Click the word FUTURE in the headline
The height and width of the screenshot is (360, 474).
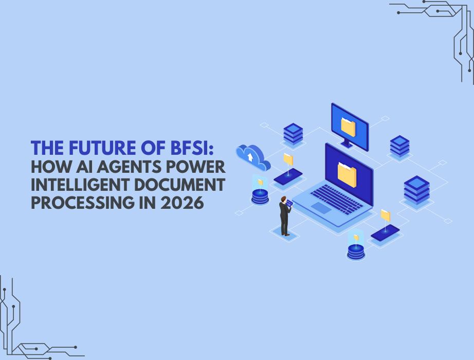[x=97, y=149]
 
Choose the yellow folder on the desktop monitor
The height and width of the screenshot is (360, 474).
[x=348, y=125]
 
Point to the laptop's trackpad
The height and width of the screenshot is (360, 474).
[x=322, y=208]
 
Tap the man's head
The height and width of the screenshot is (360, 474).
[x=283, y=199]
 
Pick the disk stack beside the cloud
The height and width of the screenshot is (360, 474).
[x=260, y=196]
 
